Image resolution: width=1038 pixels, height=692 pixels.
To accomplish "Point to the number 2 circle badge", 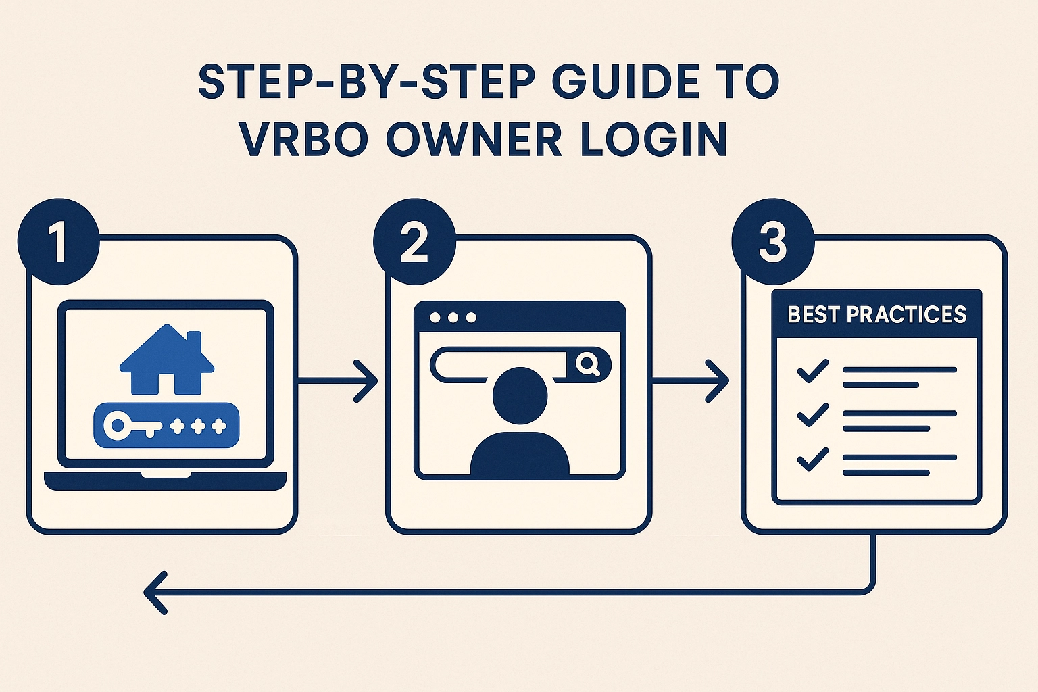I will [x=414, y=242].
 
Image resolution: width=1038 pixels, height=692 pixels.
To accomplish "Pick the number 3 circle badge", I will [x=772, y=242].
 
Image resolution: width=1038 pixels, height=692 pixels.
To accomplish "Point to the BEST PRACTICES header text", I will [x=876, y=314].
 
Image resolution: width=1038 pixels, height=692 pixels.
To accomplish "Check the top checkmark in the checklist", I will [x=812, y=371].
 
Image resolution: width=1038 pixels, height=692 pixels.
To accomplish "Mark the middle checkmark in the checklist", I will [x=812, y=414].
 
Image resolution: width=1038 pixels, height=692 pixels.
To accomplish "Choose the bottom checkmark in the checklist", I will [x=812, y=459].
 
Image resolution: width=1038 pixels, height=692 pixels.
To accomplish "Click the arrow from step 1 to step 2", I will [x=338, y=381].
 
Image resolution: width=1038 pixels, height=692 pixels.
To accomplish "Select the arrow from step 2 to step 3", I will [x=691, y=381].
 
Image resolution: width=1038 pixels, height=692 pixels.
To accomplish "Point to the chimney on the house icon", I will [x=193, y=342].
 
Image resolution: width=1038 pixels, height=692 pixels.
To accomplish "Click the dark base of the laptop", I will [x=165, y=480].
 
